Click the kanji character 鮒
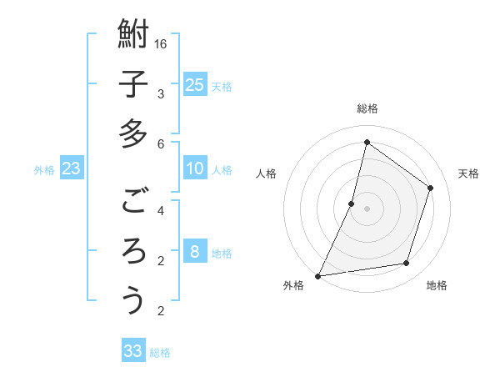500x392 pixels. click(133, 36)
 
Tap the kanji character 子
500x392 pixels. click(133, 85)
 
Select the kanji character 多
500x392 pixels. click(133, 133)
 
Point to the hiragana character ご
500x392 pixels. click(133, 201)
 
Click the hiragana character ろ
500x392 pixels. click(133, 250)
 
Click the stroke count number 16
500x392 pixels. click(162, 43)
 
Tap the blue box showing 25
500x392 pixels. click(195, 84)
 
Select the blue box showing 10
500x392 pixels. click(195, 169)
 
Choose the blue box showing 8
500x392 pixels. click(195, 252)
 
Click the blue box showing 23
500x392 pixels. click(72, 169)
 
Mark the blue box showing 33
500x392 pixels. click(133, 351)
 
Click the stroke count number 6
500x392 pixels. click(162, 143)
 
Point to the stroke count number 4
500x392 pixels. click(162, 210)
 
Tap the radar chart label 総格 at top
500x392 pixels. click(367, 108)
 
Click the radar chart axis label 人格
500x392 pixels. click(267, 173)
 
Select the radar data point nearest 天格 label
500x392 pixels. click(431, 188)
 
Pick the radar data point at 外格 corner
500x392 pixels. click(318, 275)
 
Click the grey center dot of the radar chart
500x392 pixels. click(367, 209)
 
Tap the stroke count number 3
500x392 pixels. click(162, 93)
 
